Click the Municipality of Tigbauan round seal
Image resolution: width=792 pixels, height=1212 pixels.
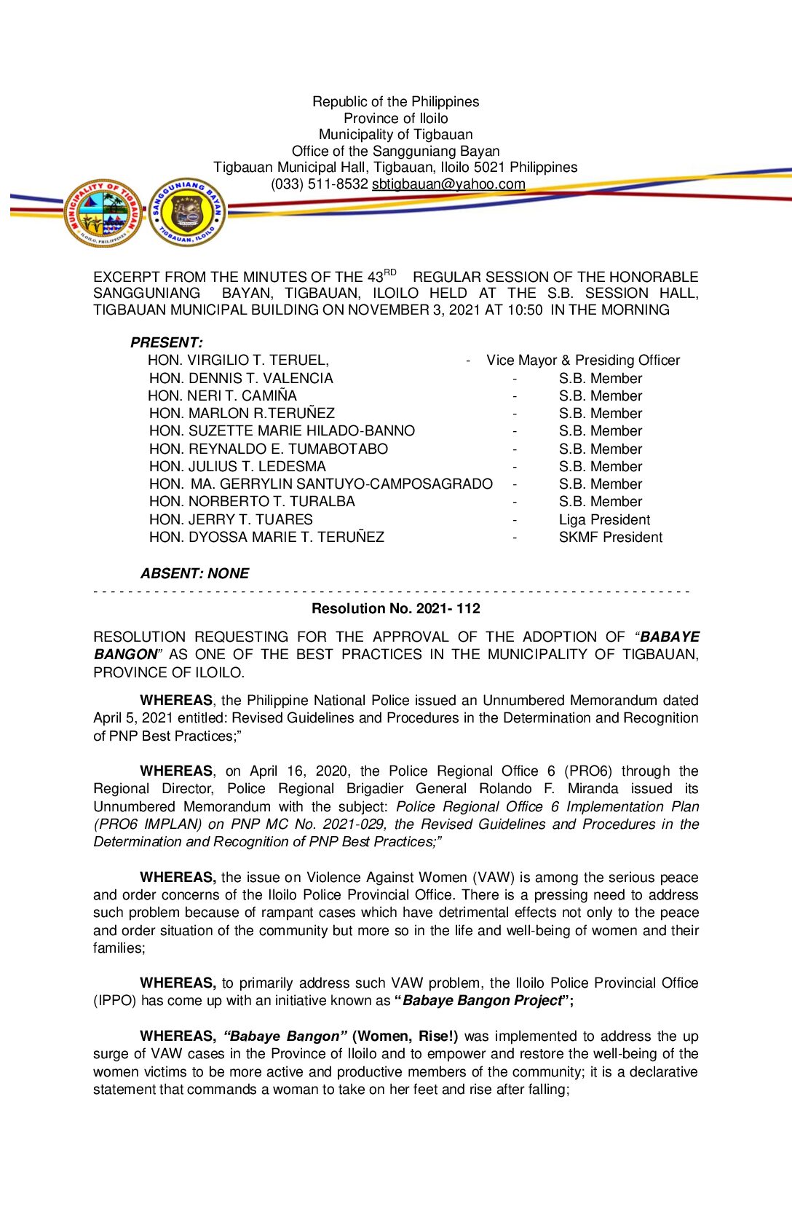[103, 213]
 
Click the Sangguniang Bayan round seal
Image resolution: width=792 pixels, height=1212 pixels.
[187, 212]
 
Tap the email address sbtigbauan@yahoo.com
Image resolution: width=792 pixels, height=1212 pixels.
[448, 184]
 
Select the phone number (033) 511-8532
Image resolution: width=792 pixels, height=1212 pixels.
[320, 184]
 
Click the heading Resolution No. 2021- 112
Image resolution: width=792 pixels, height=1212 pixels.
[396, 609]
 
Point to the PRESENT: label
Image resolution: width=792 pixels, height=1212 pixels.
[167, 342]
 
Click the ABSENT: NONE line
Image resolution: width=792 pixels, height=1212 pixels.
[195, 573]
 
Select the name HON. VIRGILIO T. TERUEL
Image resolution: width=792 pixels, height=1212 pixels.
[238, 361]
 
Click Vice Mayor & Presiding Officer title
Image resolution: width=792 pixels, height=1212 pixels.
[583, 361]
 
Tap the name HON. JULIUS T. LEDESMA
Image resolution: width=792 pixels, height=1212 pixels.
[237, 467]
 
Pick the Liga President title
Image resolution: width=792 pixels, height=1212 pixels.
[604, 520]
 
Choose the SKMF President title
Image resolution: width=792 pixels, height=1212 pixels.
[611, 538]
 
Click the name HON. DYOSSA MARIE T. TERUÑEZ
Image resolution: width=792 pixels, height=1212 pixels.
[266, 538]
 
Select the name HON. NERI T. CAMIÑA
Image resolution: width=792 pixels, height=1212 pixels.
[222, 396]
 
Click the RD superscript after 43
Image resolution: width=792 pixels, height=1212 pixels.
[390, 273]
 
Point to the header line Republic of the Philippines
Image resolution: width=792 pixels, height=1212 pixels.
[396, 102]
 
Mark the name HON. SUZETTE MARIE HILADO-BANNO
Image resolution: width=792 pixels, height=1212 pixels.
[282, 431]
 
